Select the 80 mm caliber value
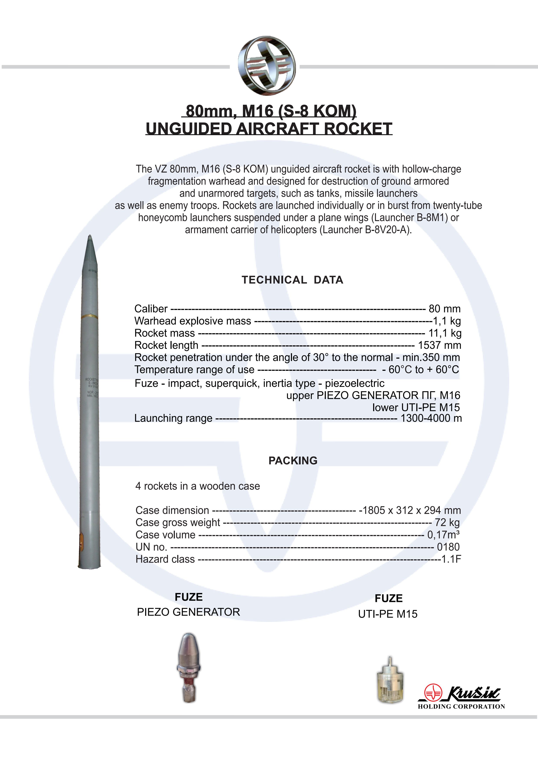(x=444, y=309)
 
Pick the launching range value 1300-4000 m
(x=431, y=418)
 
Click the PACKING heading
(x=293, y=461)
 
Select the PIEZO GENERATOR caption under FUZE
(x=188, y=612)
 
